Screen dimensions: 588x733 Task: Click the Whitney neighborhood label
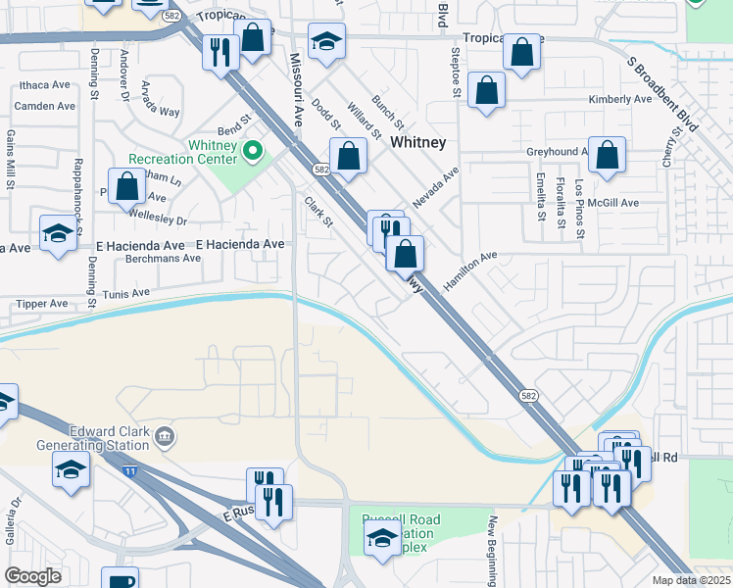418,142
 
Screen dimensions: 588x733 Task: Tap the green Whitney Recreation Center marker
253,151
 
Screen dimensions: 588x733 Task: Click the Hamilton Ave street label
470,268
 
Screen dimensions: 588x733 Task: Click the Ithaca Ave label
45,86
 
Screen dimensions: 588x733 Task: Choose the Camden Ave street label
45,106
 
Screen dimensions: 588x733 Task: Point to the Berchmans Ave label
164,259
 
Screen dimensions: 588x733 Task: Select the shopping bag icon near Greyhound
607,155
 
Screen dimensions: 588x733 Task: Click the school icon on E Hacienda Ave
58,233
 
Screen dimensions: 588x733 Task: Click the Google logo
33,576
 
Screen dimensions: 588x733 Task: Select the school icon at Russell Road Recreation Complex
382,535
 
